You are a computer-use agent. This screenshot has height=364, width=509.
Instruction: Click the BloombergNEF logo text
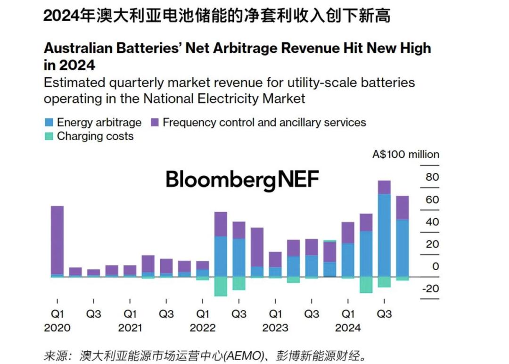tap(242, 180)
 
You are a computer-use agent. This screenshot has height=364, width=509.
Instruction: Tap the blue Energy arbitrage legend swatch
tap(49, 123)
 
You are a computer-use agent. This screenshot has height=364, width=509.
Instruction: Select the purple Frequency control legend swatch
tap(155, 123)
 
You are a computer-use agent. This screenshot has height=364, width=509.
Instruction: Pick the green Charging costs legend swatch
tap(49, 137)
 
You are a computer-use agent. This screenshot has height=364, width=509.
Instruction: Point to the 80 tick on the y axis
tap(432, 177)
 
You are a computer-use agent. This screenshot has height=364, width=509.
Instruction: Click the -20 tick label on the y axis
tap(430, 289)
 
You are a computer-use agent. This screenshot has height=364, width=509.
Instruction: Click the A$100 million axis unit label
tap(405, 154)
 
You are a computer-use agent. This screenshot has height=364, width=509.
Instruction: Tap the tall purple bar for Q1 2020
tap(57, 240)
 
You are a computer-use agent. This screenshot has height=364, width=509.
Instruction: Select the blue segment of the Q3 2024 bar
tap(384, 235)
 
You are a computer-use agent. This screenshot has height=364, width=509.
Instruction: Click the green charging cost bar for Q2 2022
tap(221, 286)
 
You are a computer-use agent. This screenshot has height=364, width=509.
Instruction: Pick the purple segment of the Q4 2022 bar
tap(257, 247)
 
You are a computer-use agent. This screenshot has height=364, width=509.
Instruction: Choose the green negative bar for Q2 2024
tap(366, 285)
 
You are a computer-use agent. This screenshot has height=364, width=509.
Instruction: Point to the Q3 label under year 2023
tap(312, 314)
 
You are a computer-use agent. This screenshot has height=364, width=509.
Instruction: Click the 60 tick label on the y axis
tap(432, 199)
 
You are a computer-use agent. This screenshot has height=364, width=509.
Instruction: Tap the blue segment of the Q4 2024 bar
tap(402, 248)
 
